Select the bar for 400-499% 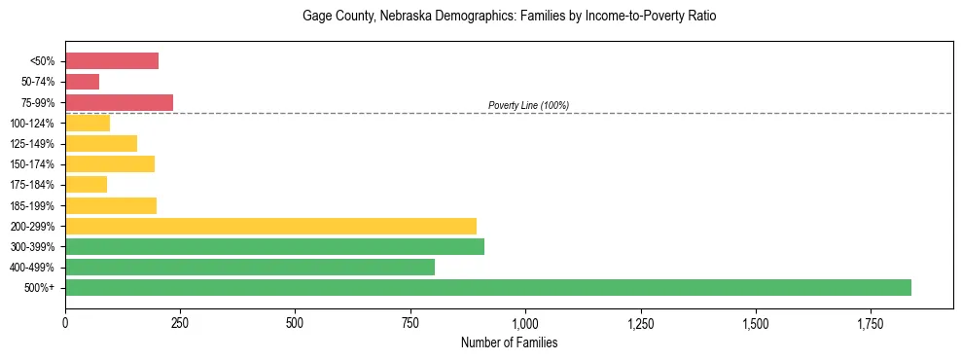pyautogui.click(x=250, y=267)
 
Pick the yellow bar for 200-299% pyautogui.click(x=270, y=226)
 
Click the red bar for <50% pyautogui.click(x=112, y=61)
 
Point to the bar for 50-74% pyautogui.click(x=83, y=82)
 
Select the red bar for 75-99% pyautogui.click(x=119, y=102)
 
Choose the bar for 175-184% pyautogui.click(x=87, y=185)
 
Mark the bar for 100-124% pyautogui.click(x=88, y=123)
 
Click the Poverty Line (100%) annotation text pyautogui.click(x=528, y=105)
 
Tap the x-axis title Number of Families pyautogui.click(x=509, y=342)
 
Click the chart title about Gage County pyautogui.click(x=509, y=17)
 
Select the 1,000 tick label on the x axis pyautogui.click(x=525, y=322)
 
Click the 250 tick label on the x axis pyautogui.click(x=180, y=322)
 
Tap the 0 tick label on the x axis pyautogui.click(x=65, y=322)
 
